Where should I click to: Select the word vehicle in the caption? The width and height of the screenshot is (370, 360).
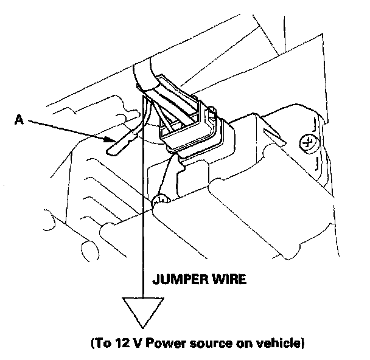[x=277, y=344]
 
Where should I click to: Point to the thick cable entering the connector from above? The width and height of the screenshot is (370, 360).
[x=146, y=73]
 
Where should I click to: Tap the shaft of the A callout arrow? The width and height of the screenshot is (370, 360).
[x=67, y=130]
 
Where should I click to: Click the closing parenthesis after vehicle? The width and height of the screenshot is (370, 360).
[x=301, y=344]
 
